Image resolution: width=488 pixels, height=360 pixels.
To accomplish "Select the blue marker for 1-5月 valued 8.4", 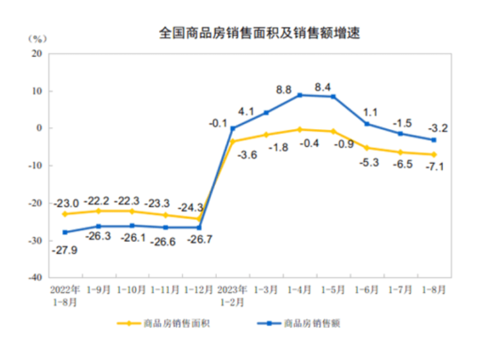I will (334, 96).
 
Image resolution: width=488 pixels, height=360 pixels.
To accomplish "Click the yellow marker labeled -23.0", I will (65, 214).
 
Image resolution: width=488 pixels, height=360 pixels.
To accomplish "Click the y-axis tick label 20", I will (38, 53).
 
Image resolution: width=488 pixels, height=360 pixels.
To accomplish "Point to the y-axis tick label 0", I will (40, 128).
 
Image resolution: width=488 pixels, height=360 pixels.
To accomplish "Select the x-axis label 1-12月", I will (198, 289).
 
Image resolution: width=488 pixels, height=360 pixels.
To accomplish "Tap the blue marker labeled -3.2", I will (434, 140).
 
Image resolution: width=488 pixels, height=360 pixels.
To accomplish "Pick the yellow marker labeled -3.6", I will (232, 141).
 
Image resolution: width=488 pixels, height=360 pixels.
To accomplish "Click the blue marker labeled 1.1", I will (367, 124).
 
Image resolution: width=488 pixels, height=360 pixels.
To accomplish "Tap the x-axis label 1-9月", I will (98, 289).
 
